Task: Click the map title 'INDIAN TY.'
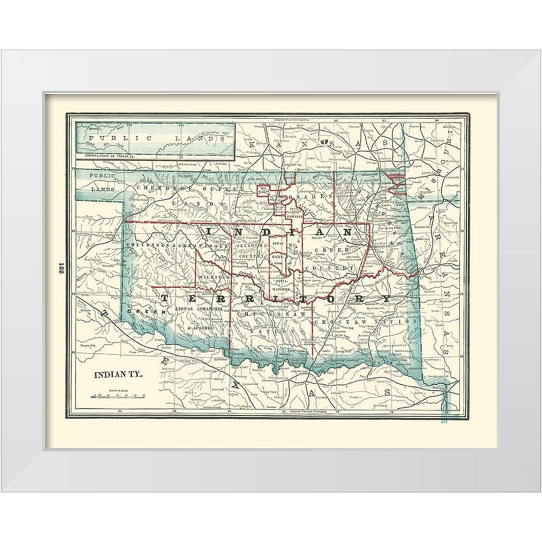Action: pyautogui.click(x=119, y=375)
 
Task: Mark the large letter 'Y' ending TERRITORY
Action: pyautogui.click(x=385, y=299)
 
